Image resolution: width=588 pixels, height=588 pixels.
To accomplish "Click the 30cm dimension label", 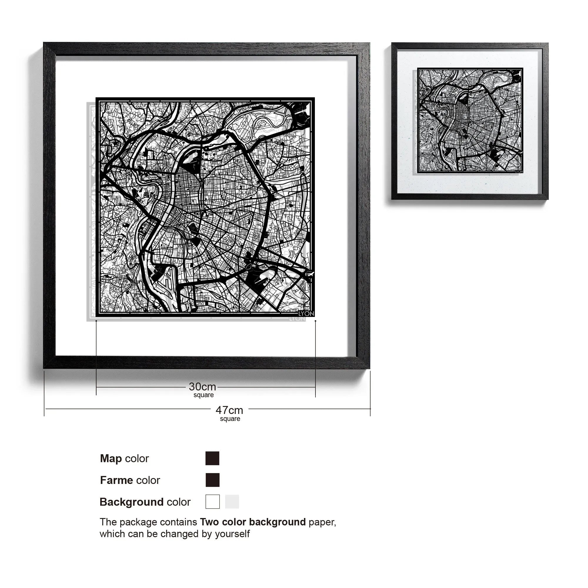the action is (202, 387).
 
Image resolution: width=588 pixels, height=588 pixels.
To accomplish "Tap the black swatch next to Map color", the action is (212, 458).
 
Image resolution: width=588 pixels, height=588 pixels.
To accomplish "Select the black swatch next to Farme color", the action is (212, 480).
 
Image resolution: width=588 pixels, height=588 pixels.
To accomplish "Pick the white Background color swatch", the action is (212, 502).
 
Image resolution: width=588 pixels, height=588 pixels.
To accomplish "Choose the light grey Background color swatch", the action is (232, 502).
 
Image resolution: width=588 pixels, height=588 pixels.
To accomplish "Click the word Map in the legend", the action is (111, 458).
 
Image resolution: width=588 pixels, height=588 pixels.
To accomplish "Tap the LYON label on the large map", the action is (306, 313).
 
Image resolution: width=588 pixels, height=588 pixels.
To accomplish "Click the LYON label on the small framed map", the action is (519, 171).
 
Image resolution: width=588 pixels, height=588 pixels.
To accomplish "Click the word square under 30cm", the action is (204, 395).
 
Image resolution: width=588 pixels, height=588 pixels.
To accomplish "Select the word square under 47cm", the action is (230, 419).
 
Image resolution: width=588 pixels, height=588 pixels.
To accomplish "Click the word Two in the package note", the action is (210, 522).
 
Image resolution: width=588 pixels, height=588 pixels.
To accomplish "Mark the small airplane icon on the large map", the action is (310, 275).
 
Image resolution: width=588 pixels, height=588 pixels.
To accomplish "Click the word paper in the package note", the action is (322, 522).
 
